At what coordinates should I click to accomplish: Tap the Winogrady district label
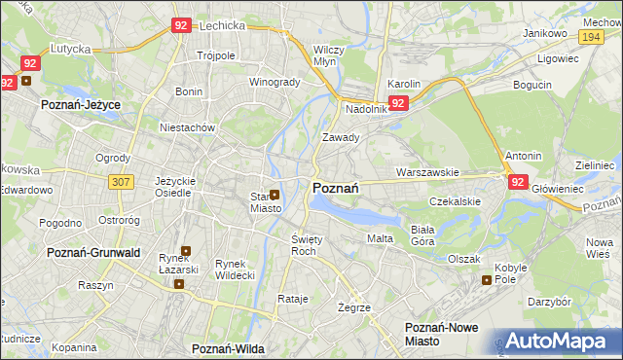(275, 82)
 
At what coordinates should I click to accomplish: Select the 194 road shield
(588, 36)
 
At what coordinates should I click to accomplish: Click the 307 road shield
(121, 181)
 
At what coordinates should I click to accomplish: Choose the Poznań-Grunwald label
(88, 252)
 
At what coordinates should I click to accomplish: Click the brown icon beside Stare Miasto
(275, 195)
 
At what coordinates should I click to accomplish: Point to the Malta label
(380, 238)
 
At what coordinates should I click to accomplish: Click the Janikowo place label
(545, 33)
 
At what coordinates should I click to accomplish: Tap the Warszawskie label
(427, 172)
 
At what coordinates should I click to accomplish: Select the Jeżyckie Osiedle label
(176, 187)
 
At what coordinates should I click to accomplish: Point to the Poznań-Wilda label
(229, 347)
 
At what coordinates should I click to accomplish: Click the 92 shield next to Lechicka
(180, 27)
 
